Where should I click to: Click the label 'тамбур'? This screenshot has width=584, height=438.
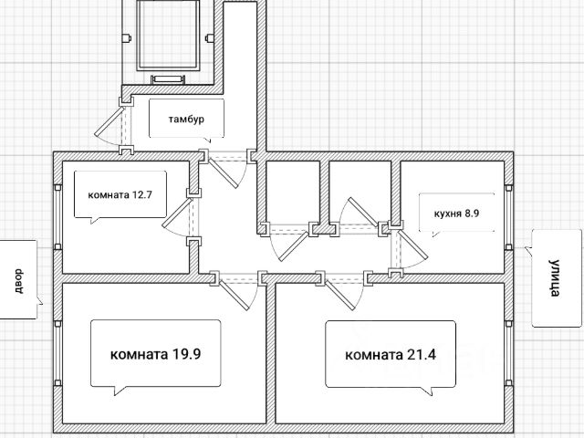coord(186,120)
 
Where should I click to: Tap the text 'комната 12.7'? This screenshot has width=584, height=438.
coord(120,194)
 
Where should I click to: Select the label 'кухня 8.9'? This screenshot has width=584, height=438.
coord(456,214)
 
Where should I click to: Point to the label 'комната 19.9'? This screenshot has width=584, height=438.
coord(156,354)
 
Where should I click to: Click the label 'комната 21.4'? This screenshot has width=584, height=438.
coord(391,355)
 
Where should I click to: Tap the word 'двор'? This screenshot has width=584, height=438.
coord(18,281)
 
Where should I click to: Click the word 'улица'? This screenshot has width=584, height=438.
coord(555,277)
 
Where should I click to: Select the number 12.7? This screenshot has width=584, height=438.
coord(141,194)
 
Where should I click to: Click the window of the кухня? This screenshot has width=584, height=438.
coord(508,217)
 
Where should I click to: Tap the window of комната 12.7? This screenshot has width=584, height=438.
coord(57,217)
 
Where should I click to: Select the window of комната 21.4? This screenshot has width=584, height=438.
coord(508,353)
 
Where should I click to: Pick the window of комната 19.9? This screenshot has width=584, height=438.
coord(57,353)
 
